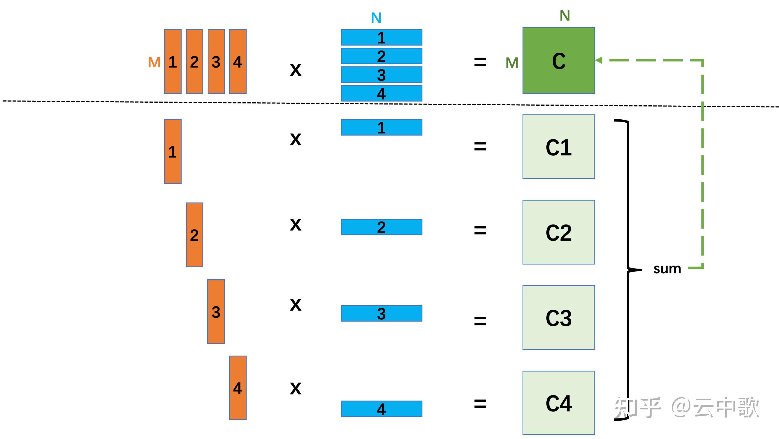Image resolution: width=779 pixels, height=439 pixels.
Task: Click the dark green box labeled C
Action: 558,61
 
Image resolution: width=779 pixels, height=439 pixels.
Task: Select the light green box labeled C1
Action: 558,147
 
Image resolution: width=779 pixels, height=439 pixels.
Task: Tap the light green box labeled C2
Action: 558,232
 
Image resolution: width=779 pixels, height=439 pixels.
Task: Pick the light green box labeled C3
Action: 558,318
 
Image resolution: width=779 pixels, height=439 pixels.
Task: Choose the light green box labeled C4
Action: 558,403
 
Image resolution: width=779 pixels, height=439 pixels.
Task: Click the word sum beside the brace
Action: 667,269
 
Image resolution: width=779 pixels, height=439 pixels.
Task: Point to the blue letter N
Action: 376,18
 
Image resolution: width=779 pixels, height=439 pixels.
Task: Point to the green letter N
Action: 565,15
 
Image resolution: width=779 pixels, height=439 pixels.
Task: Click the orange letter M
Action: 154,62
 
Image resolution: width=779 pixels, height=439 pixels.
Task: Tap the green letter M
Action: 512,63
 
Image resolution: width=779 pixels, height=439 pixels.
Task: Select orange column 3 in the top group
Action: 216,61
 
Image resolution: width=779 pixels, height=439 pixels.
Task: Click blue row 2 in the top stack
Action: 381,56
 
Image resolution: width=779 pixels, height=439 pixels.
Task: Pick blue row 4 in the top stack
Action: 381,93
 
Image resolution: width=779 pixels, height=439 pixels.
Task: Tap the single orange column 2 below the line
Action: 194,235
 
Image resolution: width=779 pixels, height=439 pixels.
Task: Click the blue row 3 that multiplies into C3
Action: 381,313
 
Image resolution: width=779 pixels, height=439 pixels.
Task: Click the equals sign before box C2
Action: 480,230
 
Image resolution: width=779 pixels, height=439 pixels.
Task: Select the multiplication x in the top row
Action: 295,70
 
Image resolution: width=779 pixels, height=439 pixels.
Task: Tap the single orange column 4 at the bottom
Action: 238,388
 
